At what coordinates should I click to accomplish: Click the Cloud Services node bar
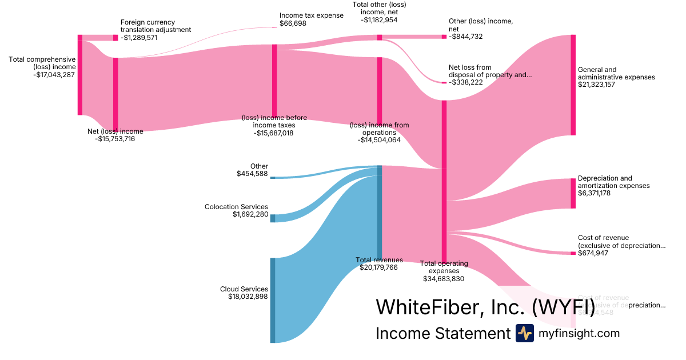click(273, 300)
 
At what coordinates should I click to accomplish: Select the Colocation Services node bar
click(273, 218)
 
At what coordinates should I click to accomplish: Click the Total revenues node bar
click(379, 213)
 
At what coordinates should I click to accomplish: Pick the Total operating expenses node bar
click(444, 181)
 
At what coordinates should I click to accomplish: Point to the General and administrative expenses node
click(573, 85)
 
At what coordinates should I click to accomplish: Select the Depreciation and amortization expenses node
click(573, 193)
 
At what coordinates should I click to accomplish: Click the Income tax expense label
click(312, 15)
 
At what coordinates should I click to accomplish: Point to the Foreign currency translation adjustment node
click(115, 38)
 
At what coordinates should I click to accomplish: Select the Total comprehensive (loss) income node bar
click(80, 74)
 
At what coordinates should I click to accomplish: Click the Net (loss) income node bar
click(115, 94)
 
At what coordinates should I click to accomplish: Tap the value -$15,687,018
click(274, 133)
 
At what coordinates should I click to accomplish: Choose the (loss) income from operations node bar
click(379, 90)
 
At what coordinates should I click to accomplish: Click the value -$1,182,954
click(379, 19)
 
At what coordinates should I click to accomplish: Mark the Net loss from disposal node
click(444, 83)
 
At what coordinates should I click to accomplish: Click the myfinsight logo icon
click(524, 333)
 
